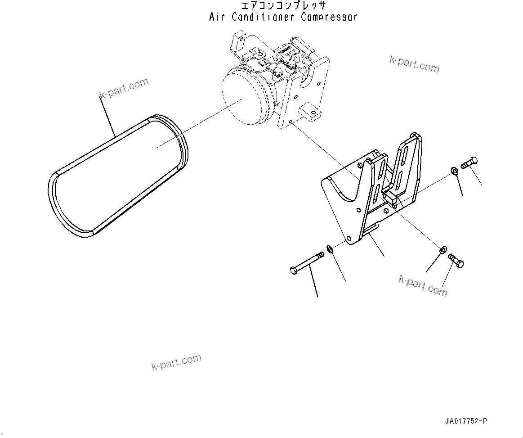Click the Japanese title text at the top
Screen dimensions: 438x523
click(x=283, y=6)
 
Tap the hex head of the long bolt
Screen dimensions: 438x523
click(x=294, y=271)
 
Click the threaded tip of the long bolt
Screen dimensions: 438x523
click(x=320, y=255)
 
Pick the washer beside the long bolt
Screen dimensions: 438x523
click(x=329, y=248)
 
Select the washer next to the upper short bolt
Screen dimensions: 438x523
click(x=454, y=171)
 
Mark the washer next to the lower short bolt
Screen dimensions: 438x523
click(x=443, y=248)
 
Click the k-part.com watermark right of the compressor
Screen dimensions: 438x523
click(x=414, y=64)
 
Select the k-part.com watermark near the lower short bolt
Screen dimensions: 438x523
click(x=423, y=285)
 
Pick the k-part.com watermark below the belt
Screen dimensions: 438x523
click(x=176, y=362)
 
